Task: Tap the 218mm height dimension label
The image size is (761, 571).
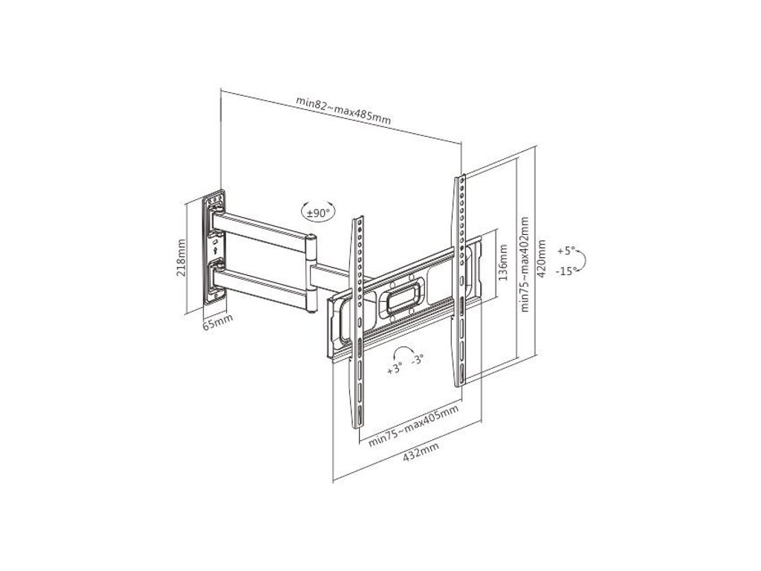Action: [181, 257]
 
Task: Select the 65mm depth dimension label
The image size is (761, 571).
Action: [218, 322]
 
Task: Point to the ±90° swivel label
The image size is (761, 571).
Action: [319, 213]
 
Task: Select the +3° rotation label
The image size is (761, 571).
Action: [395, 369]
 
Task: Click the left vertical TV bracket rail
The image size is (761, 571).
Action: [358, 320]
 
